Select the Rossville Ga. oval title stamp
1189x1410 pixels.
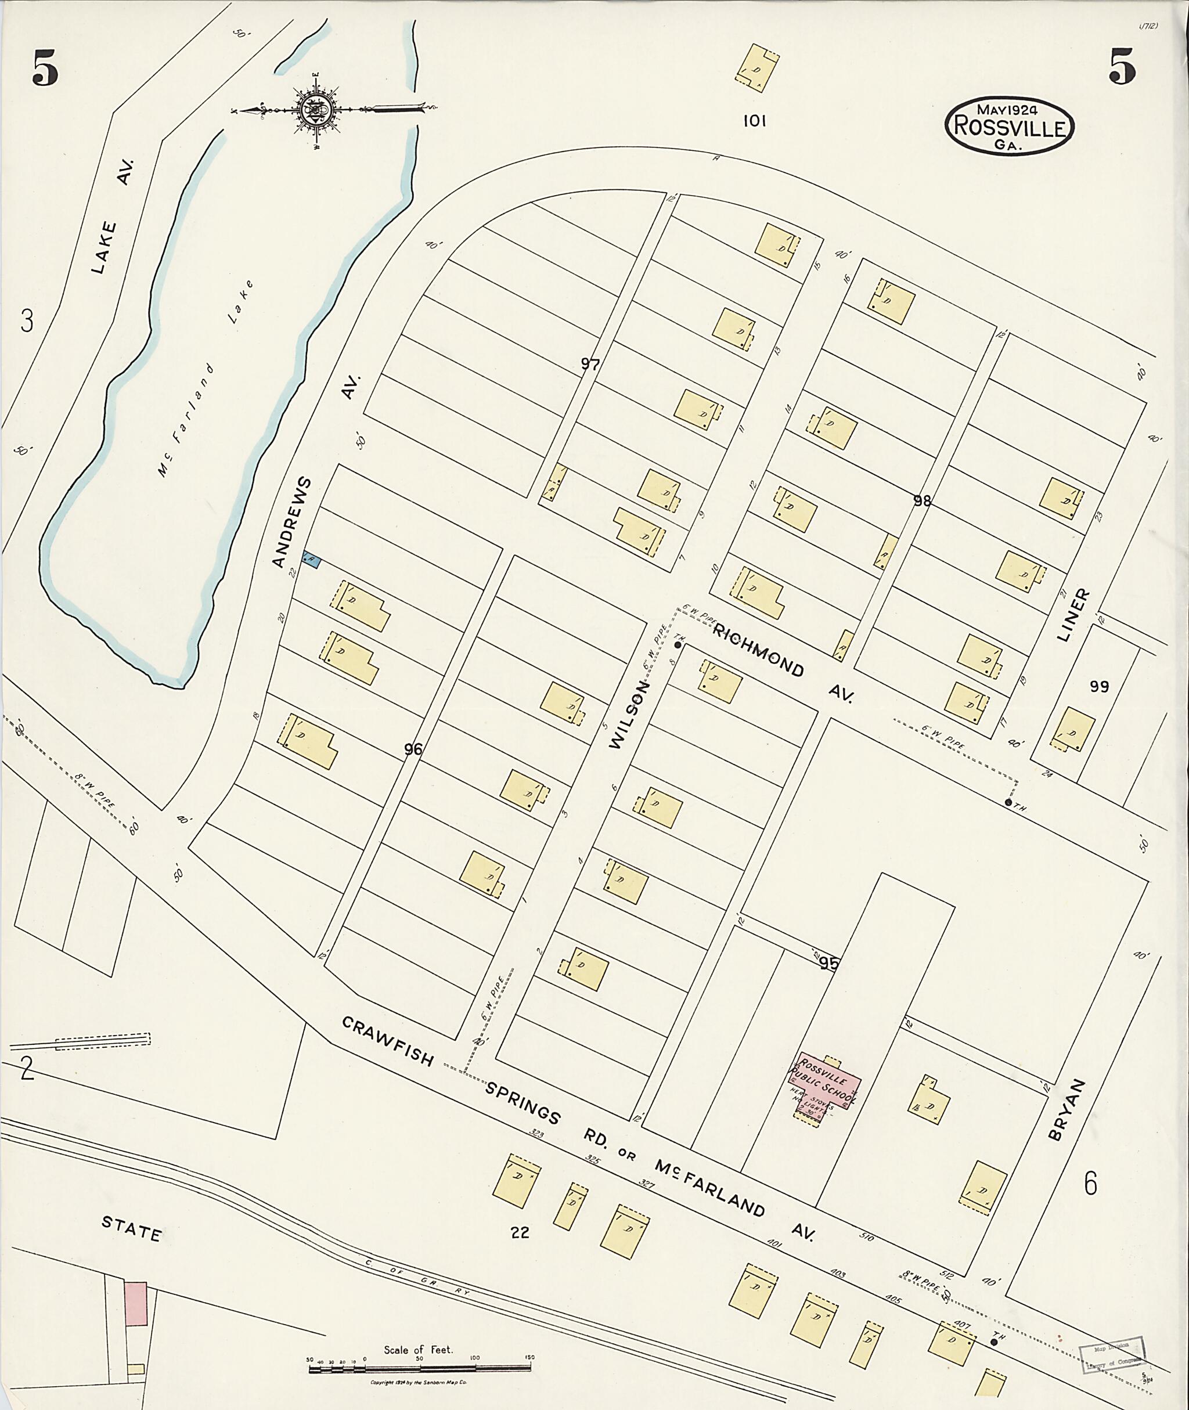(1008, 125)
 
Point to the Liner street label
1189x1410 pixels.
(1072, 614)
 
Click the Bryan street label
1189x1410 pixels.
(1067, 1109)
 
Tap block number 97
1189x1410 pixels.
(590, 365)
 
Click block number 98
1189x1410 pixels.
(922, 501)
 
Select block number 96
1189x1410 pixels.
(413, 749)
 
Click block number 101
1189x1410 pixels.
(754, 121)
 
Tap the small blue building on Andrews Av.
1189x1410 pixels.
(311, 560)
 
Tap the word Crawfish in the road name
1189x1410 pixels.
(388, 1041)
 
